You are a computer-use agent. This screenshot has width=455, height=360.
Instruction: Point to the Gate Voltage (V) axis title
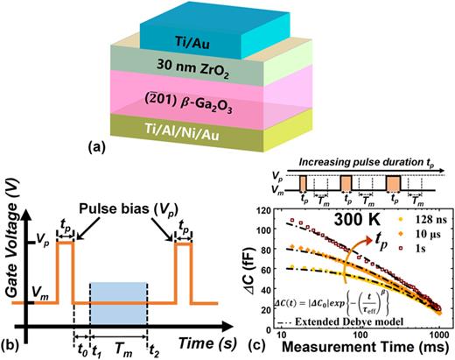[x=11, y=241]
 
